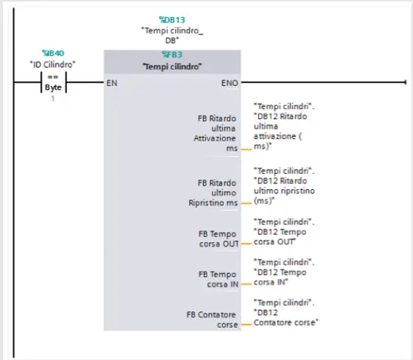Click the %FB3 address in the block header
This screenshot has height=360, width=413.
[172, 54]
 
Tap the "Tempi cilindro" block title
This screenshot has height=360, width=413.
[172, 67]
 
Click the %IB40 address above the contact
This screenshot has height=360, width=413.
[52, 53]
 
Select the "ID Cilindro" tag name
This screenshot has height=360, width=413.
[52, 64]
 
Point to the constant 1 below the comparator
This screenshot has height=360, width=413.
[52, 97]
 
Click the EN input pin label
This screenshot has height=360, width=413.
[113, 82]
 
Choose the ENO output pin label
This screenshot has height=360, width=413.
[228, 82]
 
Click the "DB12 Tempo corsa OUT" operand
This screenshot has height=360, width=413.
[284, 231]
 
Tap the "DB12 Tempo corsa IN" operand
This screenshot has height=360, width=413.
[284, 271]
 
